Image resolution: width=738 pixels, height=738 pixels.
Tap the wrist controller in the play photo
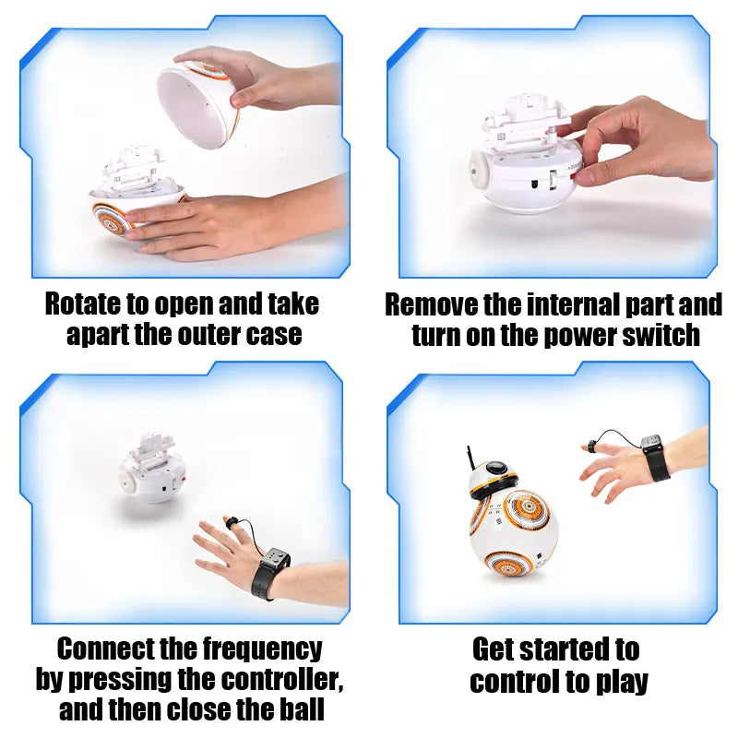pos(655,457)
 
